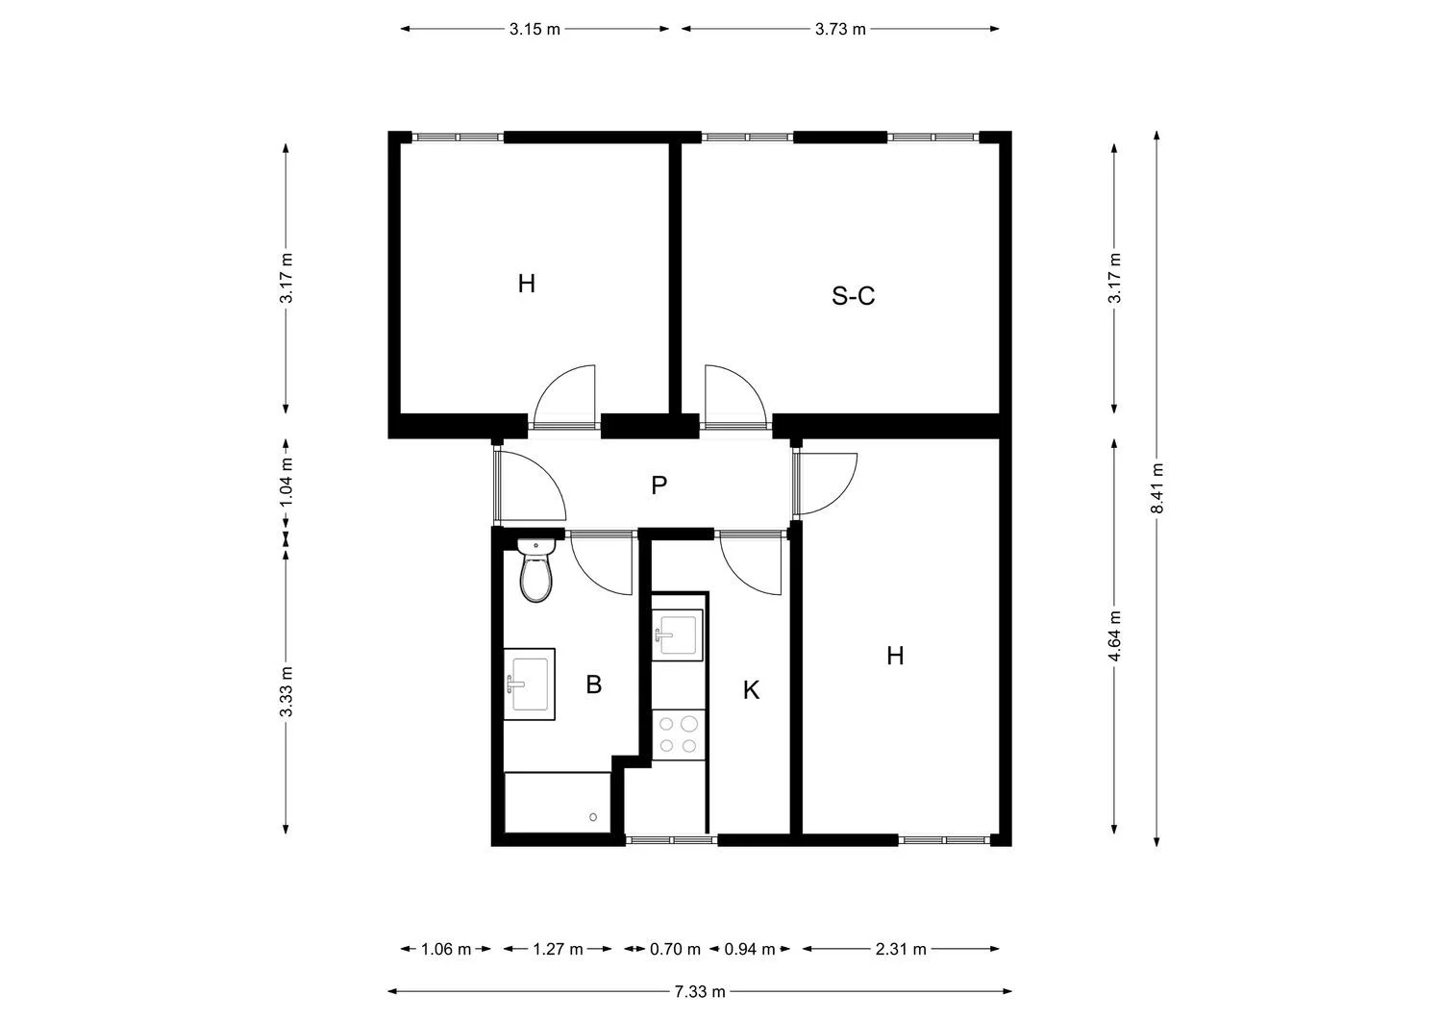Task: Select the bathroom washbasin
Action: tap(530, 684)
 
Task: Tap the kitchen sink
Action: tap(678, 634)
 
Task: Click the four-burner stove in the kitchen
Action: tap(678, 735)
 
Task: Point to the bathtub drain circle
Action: tap(594, 818)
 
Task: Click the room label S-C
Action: tap(853, 296)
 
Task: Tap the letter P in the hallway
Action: tap(659, 485)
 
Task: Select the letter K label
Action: tap(751, 690)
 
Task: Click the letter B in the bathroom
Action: tap(593, 684)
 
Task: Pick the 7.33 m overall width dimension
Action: tap(699, 991)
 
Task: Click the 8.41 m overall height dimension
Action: tap(1157, 488)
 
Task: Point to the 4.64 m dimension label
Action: tap(1114, 636)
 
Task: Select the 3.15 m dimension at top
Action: tap(535, 29)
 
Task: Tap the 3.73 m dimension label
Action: tap(840, 29)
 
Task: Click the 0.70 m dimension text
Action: tap(675, 950)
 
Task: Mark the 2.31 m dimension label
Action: tap(901, 950)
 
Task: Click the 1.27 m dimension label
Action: tap(558, 950)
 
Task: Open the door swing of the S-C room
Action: tap(733, 394)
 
